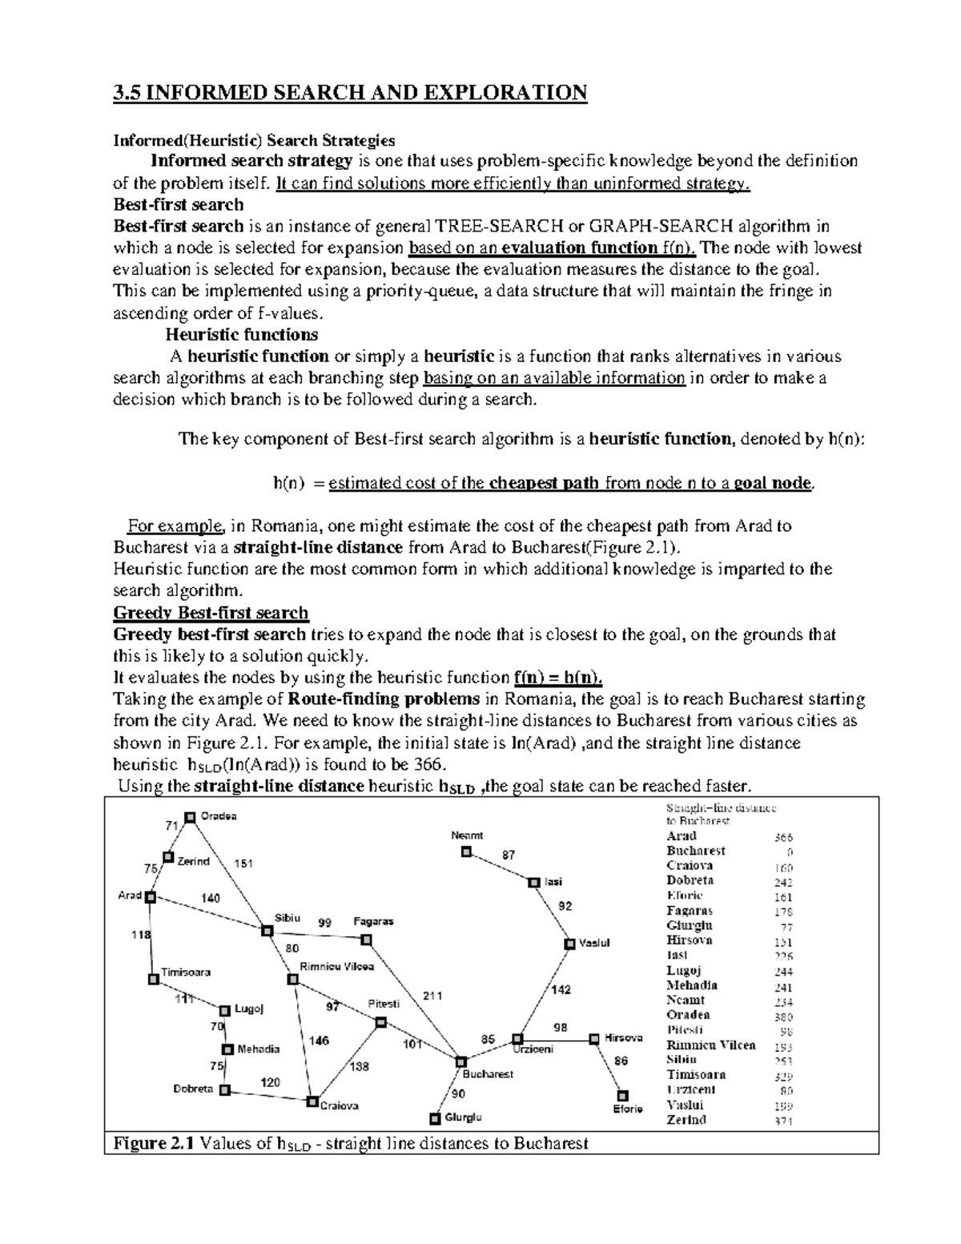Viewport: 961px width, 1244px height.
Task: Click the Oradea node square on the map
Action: (191, 818)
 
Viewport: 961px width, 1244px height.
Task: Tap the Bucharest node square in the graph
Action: (461, 1061)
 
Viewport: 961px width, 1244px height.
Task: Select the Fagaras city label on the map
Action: (374, 921)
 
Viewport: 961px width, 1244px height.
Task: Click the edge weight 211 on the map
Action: (432, 996)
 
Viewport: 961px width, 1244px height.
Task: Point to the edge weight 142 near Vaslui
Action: (561, 990)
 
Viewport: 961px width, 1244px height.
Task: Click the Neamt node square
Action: (466, 852)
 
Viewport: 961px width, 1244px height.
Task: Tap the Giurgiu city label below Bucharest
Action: (464, 1117)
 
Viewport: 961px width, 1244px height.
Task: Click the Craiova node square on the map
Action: (313, 1101)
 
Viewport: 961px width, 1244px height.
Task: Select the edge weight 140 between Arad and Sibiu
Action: (211, 899)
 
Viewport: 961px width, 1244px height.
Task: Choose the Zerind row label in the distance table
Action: (686, 1120)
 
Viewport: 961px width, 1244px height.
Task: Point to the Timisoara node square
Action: (153, 979)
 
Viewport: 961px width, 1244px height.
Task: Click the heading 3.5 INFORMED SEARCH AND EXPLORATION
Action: (351, 93)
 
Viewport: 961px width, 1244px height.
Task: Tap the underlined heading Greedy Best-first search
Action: (211, 614)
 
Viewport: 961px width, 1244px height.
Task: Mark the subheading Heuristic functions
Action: (242, 334)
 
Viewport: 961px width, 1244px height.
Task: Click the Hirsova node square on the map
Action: (594, 1039)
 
